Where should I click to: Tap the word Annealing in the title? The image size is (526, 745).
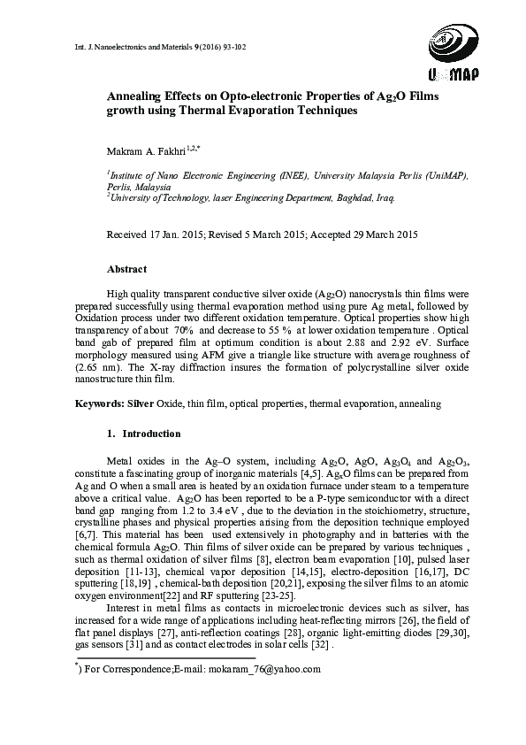140,96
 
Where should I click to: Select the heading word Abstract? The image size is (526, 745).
126,268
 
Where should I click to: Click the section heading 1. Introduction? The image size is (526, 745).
142,434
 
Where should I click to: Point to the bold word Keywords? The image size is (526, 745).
97,403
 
